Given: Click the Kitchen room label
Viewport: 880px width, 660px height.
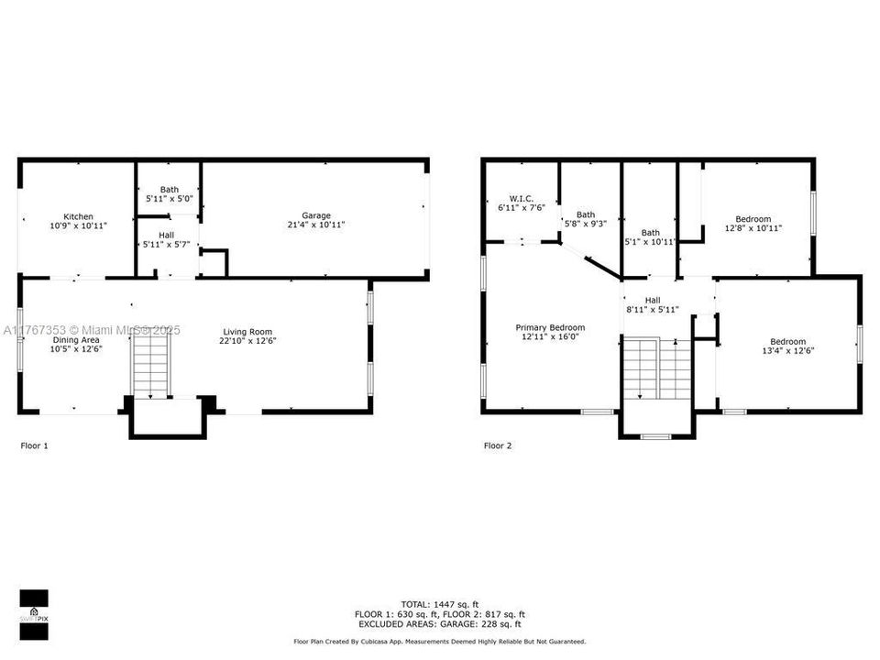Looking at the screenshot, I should pyautogui.click(x=78, y=217).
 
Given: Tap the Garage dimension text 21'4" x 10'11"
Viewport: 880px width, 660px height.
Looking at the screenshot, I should pyautogui.click(x=316, y=225).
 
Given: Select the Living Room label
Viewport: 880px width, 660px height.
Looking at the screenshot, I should pyautogui.click(x=247, y=332).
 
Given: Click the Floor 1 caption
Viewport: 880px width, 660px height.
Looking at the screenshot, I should pyautogui.click(x=34, y=446).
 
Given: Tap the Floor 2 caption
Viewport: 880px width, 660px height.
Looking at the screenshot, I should pyautogui.click(x=498, y=446).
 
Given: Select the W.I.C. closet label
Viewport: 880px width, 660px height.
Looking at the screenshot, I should pyautogui.click(x=521, y=199).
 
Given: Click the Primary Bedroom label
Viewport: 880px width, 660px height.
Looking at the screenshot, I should pyautogui.click(x=550, y=327).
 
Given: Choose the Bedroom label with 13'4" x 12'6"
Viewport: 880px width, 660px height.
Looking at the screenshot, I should pyautogui.click(x=788, y=341).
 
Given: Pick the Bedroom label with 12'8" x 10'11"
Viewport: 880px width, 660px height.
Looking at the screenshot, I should pyautogui.click(x=753, y=219).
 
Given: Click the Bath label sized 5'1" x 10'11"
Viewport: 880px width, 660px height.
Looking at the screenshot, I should pyautogui.click(x=651, y=233).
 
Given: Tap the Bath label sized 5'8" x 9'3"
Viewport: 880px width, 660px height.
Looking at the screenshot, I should pyautogui.click(x=586, y=214).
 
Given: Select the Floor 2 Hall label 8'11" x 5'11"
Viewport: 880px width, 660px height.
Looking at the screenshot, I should pyautogui.click(x=653, y=300).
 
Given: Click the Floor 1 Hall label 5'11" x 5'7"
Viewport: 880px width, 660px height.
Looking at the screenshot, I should pyautogui.click(x=166, y=236).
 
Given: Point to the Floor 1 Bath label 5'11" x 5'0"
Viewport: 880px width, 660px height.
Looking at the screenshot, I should pyautogui.click(x=170, y=190).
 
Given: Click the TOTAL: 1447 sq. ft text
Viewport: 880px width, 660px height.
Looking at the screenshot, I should pyautogui.click(x=440, y=604).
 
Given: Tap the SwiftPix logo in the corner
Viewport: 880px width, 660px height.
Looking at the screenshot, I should pyautogui.click(x=33, y=610).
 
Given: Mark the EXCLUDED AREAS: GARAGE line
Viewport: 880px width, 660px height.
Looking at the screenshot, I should pyautogui.click(x=440, y=624).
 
